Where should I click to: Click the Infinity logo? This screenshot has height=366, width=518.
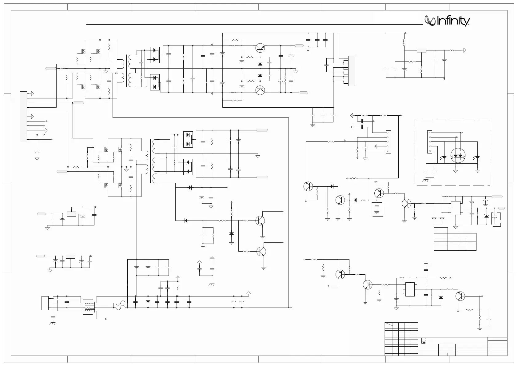(x=447, y=21)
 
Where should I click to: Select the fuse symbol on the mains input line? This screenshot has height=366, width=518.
(x=120, y=305)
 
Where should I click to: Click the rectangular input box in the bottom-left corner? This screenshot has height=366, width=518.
(x=45, y=303)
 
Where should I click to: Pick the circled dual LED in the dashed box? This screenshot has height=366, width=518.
(x=458, y=156)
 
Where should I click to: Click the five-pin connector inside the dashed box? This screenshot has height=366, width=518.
(x=429, y=142)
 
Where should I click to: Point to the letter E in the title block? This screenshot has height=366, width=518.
(x=424, y=341)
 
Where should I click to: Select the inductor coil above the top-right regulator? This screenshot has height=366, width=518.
(x=404, y=42)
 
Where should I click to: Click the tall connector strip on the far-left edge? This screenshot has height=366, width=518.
(x=23, y=117)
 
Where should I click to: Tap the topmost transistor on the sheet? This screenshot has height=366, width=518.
(x=260, y=48)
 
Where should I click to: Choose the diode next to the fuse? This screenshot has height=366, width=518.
(x=148, y=302)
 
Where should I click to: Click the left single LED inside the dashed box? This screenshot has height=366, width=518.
(x=444, y=158)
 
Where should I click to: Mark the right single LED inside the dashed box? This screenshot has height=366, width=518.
(x=477, y=158)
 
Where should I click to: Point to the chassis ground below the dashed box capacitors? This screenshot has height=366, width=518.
(x=425, y=180)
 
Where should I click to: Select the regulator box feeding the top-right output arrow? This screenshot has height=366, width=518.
(x=421, y=50)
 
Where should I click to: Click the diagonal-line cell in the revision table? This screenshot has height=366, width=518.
(x=389, y=324)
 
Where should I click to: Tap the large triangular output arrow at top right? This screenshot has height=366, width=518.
(x=464, y=50)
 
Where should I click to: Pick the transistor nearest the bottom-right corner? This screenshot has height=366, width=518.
(x=460, y=296)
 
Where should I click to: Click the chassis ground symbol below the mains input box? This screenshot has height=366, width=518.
(x=53, y=324)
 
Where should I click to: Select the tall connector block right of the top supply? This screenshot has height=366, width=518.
(x=352, y=71)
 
